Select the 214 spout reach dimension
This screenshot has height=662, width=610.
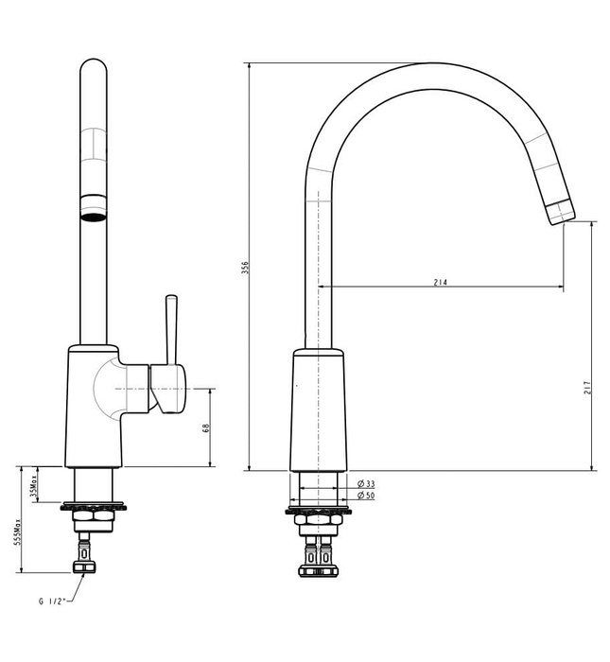(441, 282)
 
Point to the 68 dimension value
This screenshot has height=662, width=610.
(206, 428)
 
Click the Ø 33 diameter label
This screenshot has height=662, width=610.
(367, 484)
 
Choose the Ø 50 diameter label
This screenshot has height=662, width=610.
(367, 496)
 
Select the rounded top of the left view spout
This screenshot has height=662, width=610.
(94, 71)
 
